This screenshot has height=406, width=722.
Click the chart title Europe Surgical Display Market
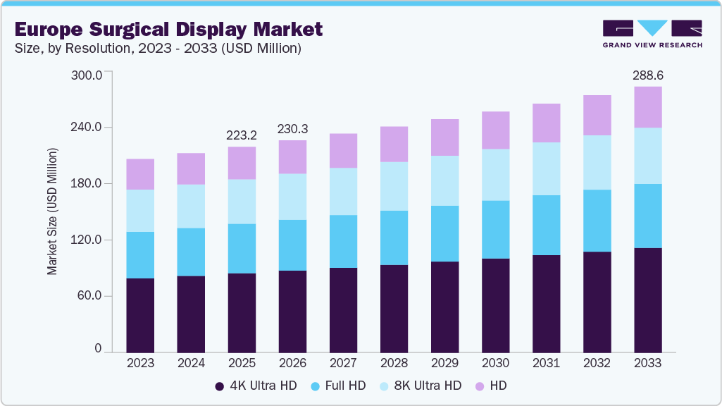(168, 29)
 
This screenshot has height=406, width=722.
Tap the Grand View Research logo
(652, 34)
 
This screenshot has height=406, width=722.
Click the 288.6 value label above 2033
(647, 75)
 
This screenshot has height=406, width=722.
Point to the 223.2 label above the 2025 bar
(242, 135)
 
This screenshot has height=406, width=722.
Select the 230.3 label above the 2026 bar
(292, 128)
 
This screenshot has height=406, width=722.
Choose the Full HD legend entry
(338, 386)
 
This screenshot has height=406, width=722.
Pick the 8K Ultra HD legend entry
(421, 386)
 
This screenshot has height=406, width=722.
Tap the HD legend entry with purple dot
(492, 386)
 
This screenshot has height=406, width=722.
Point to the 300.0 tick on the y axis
(88, 75)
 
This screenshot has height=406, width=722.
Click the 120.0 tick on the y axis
(88, 240)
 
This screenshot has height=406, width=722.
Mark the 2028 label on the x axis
(394, 363)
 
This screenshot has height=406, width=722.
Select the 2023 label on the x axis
(140, 363)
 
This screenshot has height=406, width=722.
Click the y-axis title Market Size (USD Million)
(52, 211)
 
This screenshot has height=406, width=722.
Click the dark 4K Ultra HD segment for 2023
(140, 314)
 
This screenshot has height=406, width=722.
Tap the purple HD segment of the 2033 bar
(647, 107)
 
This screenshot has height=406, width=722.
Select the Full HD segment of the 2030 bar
(495, 230)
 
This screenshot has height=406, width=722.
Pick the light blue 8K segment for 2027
(343, 192)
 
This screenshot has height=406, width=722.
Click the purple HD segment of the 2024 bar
(191, 168)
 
